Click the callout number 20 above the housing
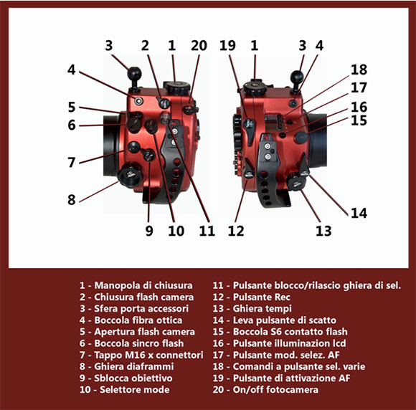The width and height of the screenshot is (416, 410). coord(199,46)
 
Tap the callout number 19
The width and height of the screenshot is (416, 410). coord(227,46)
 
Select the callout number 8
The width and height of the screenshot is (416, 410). coord(72,200)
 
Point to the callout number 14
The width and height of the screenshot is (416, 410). coord(359,213)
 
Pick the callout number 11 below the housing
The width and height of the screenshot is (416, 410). coord(207,231)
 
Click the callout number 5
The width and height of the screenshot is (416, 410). coord(72,107)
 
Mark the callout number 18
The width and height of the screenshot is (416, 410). coord(359,70)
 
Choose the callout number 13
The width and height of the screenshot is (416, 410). coord(323,231)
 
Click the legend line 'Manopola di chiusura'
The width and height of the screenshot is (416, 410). coord(136,285)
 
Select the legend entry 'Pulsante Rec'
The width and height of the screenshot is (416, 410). coord(251,297)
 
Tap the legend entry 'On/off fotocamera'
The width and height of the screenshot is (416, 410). coord(265,390)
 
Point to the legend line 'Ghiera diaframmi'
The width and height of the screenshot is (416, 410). coord(126,366)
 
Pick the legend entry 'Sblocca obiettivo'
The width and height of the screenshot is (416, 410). coord(126,378)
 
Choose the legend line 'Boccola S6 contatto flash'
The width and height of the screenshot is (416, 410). coord(280,332)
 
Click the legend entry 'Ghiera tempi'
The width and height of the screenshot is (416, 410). coord(252,309)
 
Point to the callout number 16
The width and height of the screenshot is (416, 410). coord(359,107)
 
